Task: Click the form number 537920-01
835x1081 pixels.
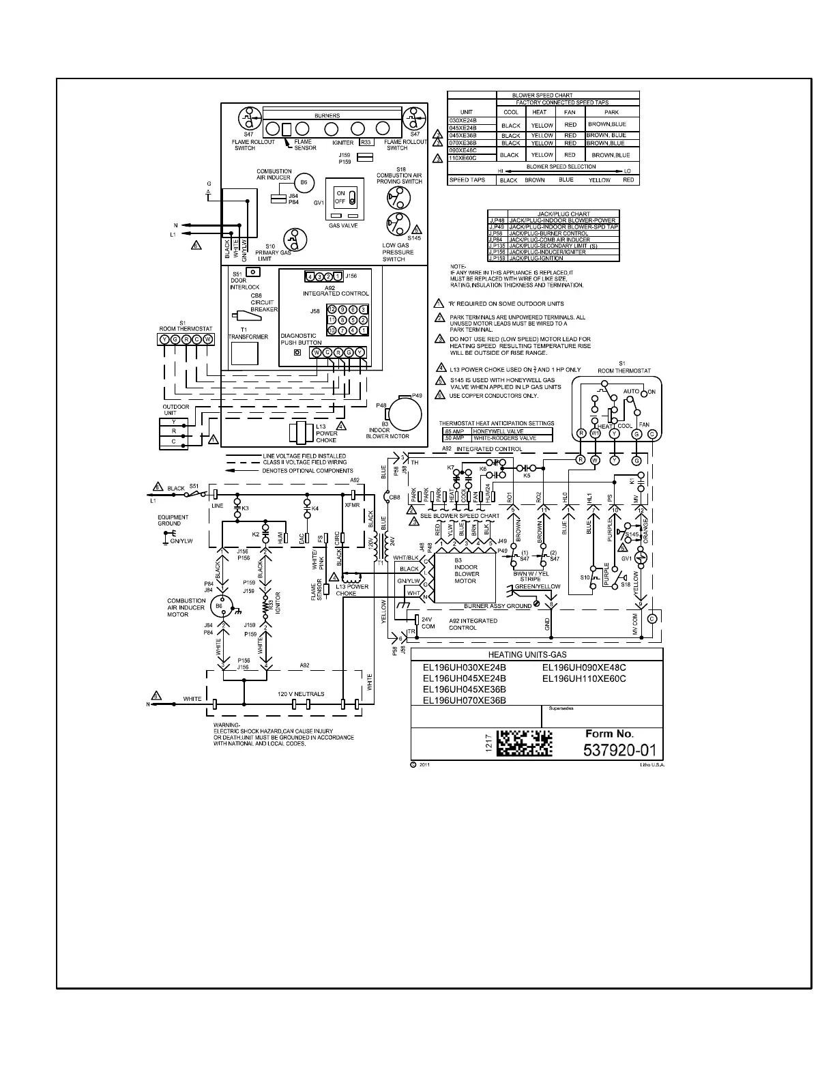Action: coord(619,751)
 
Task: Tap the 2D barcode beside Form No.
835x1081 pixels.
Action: coord(524,743)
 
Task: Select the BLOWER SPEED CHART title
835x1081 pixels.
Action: coord(543,96)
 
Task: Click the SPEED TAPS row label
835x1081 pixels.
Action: coord(467,180)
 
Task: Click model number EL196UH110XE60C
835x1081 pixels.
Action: coord(584,679)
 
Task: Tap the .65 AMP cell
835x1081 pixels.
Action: coord(452,431)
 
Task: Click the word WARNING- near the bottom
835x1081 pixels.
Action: coord(227,725)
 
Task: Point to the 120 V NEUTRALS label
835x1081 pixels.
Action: coord(301,694)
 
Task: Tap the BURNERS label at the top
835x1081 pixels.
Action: coord(327,116)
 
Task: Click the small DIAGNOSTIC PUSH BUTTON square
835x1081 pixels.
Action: coord(297,353)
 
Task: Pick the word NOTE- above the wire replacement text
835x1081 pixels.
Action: coord(458,266)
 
